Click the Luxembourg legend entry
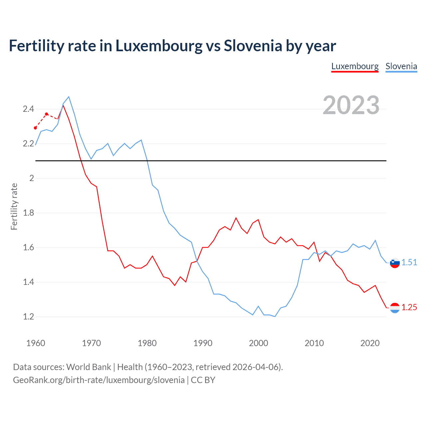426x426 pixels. pos(355,66)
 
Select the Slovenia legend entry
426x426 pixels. pos(401,66)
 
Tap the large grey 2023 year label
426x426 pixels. pos(351,105)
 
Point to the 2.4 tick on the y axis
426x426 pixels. pos(28,109)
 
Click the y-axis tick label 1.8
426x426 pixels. pos(28,213)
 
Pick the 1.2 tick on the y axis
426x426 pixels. pos(28,317)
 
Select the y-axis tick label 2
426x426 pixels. pos(32,178)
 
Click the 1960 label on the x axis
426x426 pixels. pos(36,343)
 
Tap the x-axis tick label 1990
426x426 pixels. pos(203,343)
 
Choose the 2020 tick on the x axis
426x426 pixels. pos(370,343)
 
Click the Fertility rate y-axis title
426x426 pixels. pos(14,206)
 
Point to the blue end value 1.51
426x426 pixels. pos(409,262)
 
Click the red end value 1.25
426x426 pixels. pos(409,307)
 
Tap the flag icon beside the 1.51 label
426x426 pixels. pos(395,263)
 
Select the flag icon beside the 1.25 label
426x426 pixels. pos(395,308)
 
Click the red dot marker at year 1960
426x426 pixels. pos(36,128)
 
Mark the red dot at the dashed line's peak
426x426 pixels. pos(47,114)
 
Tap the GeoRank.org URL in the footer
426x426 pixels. pos(99,380)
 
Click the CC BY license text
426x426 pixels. pos(203,380)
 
